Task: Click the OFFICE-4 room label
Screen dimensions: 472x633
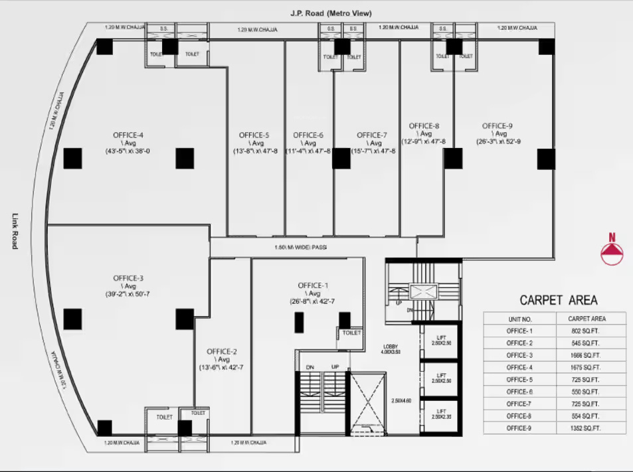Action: click(x=128, y=135)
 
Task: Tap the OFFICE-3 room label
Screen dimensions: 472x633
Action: click(x=128, y=278)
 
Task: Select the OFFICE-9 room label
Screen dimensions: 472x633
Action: click(x=497, y=126)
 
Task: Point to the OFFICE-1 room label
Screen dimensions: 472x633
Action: click(x=313, y=285)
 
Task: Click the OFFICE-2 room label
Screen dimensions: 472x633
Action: click(x=221, y=352)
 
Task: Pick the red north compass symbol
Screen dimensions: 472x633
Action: click(x=612, y=250)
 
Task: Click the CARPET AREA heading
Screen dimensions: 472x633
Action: click(x=558, y=300)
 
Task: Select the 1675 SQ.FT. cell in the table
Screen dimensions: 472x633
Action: click(x=585, y=367)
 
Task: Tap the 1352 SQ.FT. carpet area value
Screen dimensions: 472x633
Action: click(x=585, y=428)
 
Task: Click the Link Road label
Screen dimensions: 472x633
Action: click(x=15, y=231)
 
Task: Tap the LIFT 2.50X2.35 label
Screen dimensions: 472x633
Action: click(x=440, y=413)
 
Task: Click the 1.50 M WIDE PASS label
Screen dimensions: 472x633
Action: click(x=301, y=248)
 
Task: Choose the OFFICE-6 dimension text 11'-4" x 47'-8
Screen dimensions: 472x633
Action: click(x=308, y=151)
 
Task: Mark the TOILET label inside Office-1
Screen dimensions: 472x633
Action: click(x=352, y=333)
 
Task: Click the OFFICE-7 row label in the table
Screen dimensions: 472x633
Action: click(x=519, y=404)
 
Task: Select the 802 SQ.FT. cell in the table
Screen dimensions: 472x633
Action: click(x=585, y=331)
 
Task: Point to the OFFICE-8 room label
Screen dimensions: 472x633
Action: click(x=424, y=126)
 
